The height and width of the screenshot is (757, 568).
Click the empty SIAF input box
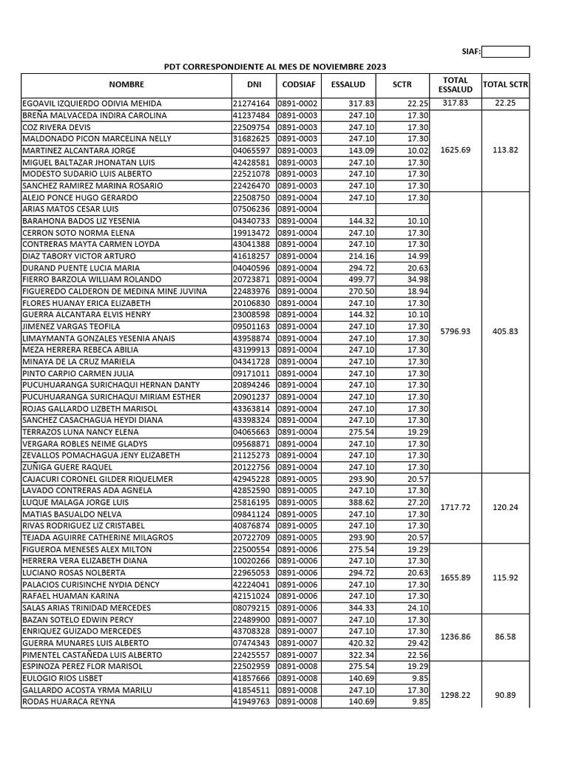point(505,52)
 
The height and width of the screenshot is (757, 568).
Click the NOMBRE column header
point(125,85)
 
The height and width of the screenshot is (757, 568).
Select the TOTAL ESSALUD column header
point(455,85)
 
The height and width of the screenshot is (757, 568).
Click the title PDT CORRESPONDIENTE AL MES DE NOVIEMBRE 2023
point(274,67)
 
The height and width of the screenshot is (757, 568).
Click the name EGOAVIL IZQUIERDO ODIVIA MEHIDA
point(92,103)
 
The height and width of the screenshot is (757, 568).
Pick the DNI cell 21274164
point(251,103)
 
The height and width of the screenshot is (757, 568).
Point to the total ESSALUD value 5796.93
point(455,332)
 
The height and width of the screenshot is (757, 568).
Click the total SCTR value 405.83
point(505,332)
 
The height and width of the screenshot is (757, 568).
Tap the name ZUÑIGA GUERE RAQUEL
point(67,467)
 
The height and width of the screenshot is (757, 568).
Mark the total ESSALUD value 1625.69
point(455,150)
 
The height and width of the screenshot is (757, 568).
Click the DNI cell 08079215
point(251,608)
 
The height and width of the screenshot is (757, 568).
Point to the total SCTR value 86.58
point(505,637)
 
